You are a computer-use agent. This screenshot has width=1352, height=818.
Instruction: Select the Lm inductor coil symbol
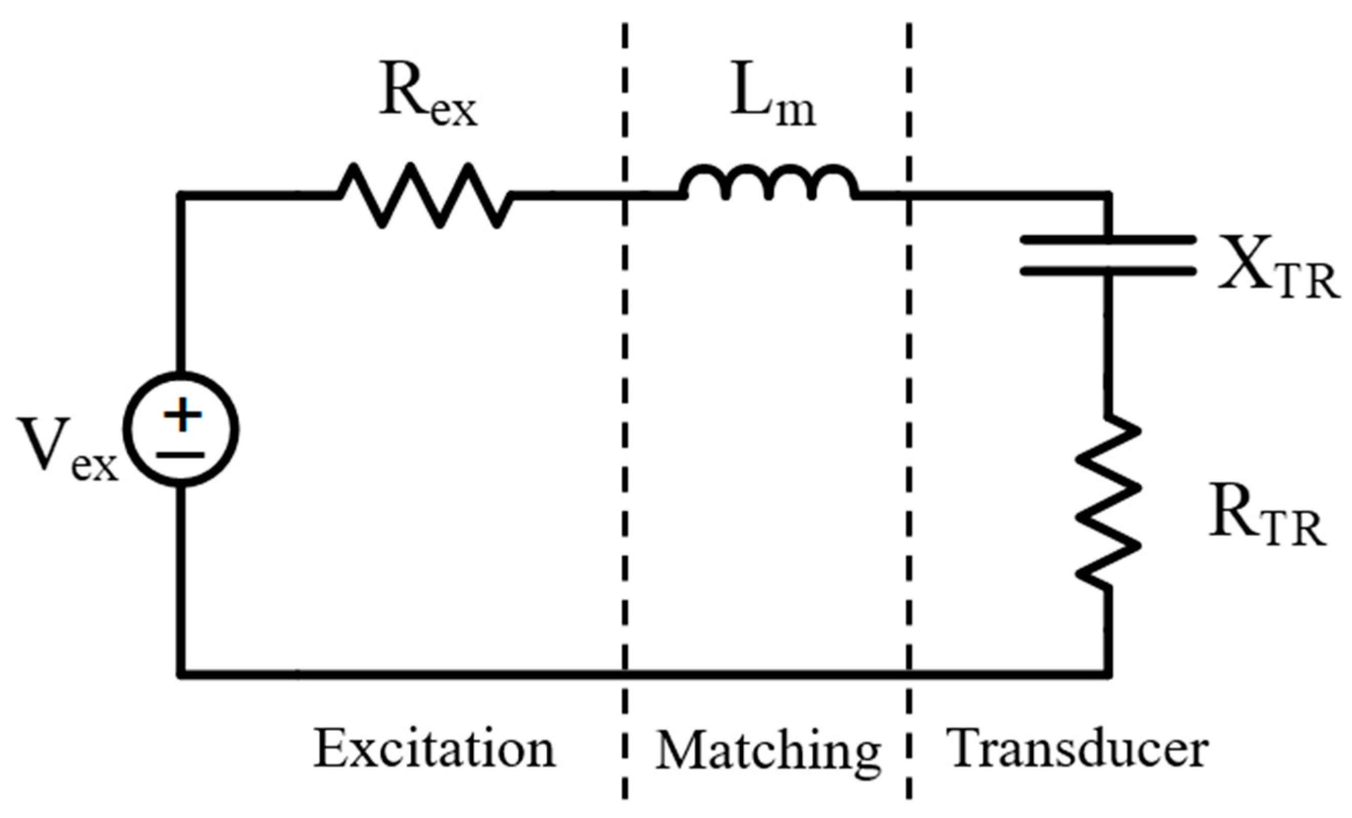[x=768, y=184]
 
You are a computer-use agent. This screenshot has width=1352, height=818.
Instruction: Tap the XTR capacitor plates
[x=1107, y=255]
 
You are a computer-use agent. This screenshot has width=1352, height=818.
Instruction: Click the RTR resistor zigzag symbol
[x=1109, y=502]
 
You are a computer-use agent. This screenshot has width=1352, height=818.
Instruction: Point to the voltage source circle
[x=181, y=429]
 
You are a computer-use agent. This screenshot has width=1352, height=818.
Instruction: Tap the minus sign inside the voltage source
[x=180, y=454]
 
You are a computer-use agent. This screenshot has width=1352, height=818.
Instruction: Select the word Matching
[x=768, y=752]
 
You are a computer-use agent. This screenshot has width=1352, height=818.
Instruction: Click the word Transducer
[x=1078, y=749]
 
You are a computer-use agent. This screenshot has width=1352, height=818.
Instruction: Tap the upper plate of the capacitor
[x=1107, y=240]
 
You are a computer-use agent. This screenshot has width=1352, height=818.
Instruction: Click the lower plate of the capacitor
[x=1107, y=271]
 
